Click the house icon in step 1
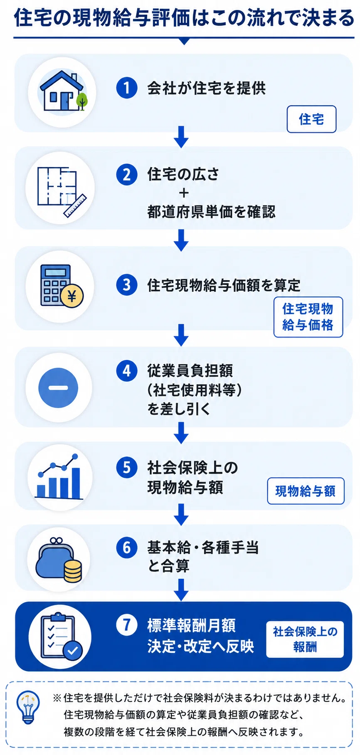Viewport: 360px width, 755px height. coord(63,91)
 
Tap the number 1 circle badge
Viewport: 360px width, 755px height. coord(127,88)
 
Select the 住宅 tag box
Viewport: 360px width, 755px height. coord(311,119)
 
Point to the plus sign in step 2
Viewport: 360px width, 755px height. coord(183,193)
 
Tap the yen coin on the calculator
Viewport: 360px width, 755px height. coord(72,296)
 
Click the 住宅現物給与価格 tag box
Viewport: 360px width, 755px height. coord(308,317)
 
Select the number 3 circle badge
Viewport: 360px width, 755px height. coord(127,285)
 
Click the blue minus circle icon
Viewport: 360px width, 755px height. coord(58,387)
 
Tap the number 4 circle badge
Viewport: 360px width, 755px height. coord(127,370)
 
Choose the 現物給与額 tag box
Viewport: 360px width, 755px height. coord(306,491)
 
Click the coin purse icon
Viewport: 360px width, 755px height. coord(59,560)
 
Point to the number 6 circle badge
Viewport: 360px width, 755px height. coord(127,547)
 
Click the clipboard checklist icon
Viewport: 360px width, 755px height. coord(61,637)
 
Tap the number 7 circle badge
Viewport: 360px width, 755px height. coord(127,624)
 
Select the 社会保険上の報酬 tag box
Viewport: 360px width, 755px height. coord(305,639)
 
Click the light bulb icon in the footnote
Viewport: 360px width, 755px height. coord(28,707)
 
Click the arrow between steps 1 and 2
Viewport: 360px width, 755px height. coord(181,137)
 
